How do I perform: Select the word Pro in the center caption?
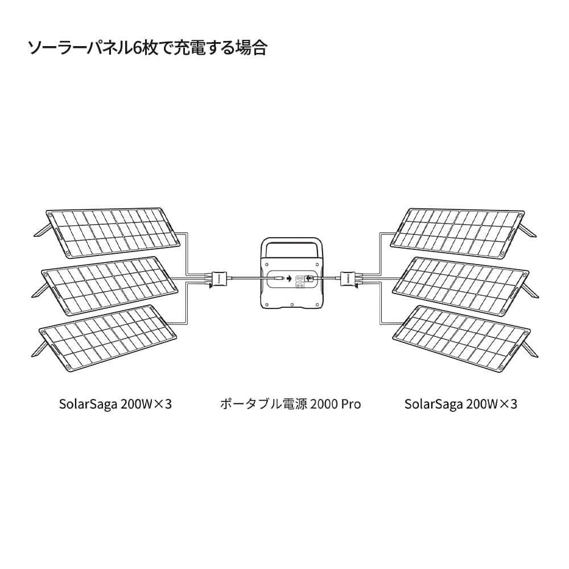351,405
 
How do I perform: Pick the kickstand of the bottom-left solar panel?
40,347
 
